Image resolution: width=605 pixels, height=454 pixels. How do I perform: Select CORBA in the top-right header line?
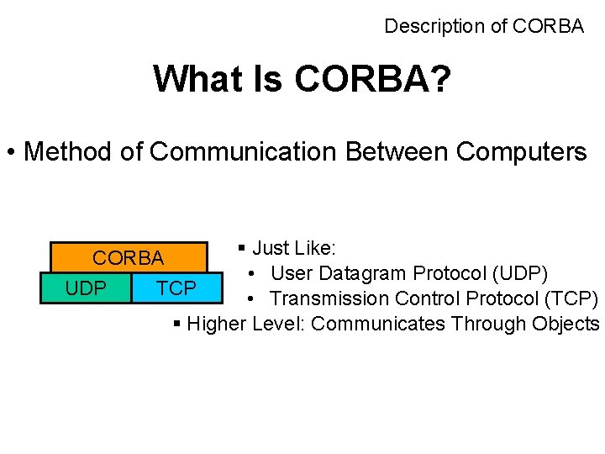click(548, 26)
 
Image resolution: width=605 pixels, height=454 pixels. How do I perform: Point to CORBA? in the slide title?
click(372, 80)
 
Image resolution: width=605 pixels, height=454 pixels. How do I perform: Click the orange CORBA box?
click(129, 257)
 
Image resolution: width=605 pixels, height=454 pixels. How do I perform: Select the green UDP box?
click(86, 288)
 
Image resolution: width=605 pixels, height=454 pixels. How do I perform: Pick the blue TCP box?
click(177, 288)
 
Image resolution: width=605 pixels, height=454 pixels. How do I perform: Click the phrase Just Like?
click(294, 248)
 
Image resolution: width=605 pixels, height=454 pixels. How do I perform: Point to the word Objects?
click(566, 324)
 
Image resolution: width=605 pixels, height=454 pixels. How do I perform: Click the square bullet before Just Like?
click(242, 249)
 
